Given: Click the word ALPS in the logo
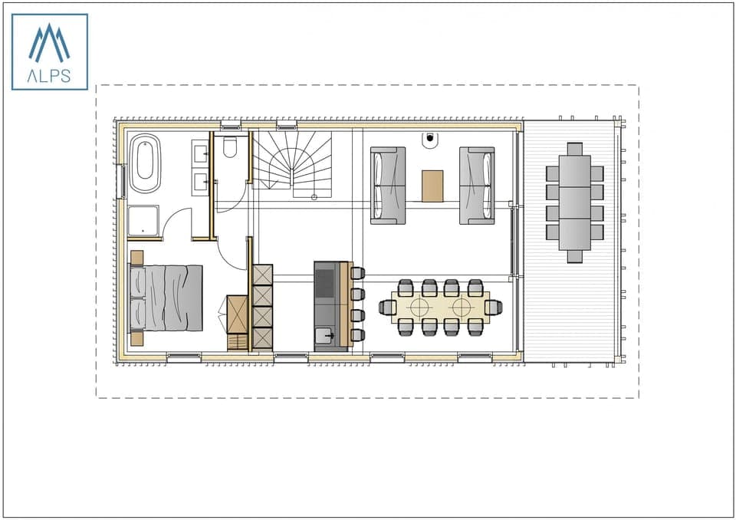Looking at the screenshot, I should pyautogui.click(x=49, y=75).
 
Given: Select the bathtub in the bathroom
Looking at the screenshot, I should pyautogui.click(x=145, y=164).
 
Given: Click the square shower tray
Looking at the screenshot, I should pyautogui.click(x=143, y=220).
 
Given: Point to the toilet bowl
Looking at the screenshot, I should pyautogui.click(x=230, y=146).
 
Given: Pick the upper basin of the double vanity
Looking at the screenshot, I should pyautogui.click(x=202, y=154).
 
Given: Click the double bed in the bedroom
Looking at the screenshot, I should pyautogui.click(x=166, y=298).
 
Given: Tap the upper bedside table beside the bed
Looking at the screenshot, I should pyautogui.click(x=137, y=258).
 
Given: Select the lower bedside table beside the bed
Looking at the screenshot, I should pyautogui.click(x=137, y=337).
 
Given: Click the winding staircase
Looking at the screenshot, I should pyautogui.click(x=294, y=163).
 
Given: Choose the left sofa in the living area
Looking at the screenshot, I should pyautogui.click(x=388, y=186).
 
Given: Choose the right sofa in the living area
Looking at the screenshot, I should pyautogui.click(x=477, y=186).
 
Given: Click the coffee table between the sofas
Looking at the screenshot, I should pyautogui.click(x=432, y=186).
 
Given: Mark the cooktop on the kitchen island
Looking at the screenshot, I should pyautogui.click(x=325, y=281).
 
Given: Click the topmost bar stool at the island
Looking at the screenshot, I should pyautogui.click(x=358, y=273).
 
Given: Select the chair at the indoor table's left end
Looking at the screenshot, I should pyautogui.click(x=387, y=308).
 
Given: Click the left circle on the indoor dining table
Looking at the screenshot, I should pyautogui.click(x=419, y=308).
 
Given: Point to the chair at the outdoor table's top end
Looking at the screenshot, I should pyautogui.click(x=575, y=149).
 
